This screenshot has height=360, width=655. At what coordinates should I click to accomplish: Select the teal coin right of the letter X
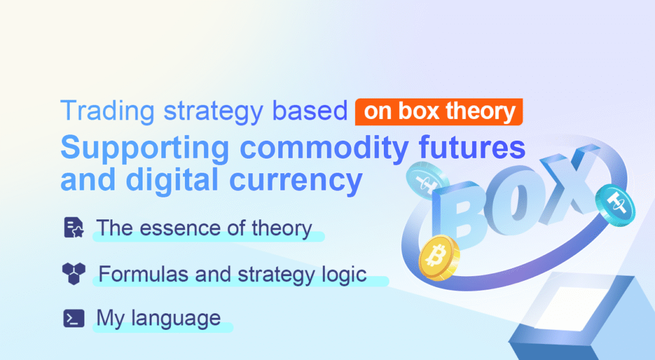coord(615,204)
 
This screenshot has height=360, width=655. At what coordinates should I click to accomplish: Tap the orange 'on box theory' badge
coord(439,111)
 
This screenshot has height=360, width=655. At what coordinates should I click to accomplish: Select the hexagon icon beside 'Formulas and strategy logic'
coord(74,274)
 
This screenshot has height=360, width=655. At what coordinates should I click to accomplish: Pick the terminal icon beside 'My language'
coord(74,318)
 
